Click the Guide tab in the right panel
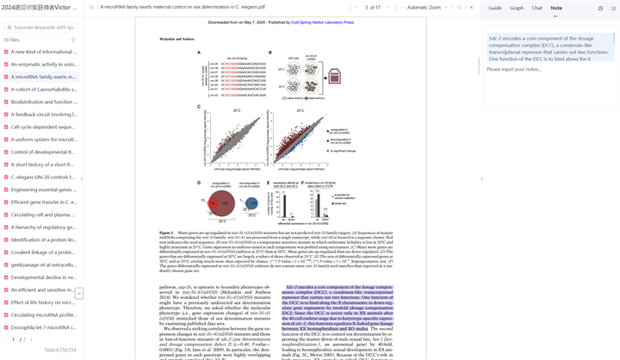coord(495,8)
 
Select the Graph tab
coord(517,8)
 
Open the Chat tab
coord(536,8)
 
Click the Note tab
coord(556,8)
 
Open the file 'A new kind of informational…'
coord(43,52)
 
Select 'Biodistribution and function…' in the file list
coord(43,102)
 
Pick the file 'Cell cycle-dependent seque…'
coord(43,127)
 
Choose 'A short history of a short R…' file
coord(43,164)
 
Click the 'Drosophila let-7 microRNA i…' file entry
coord(43,327)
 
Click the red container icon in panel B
coord(334,78)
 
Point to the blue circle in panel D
coord(251,203)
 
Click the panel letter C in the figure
coord(199,107)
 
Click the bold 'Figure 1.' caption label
coord(166,233)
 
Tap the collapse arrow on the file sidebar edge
coord(78,294)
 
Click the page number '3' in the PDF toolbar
coord(366,8)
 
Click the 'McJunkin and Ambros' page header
coord(177,40)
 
